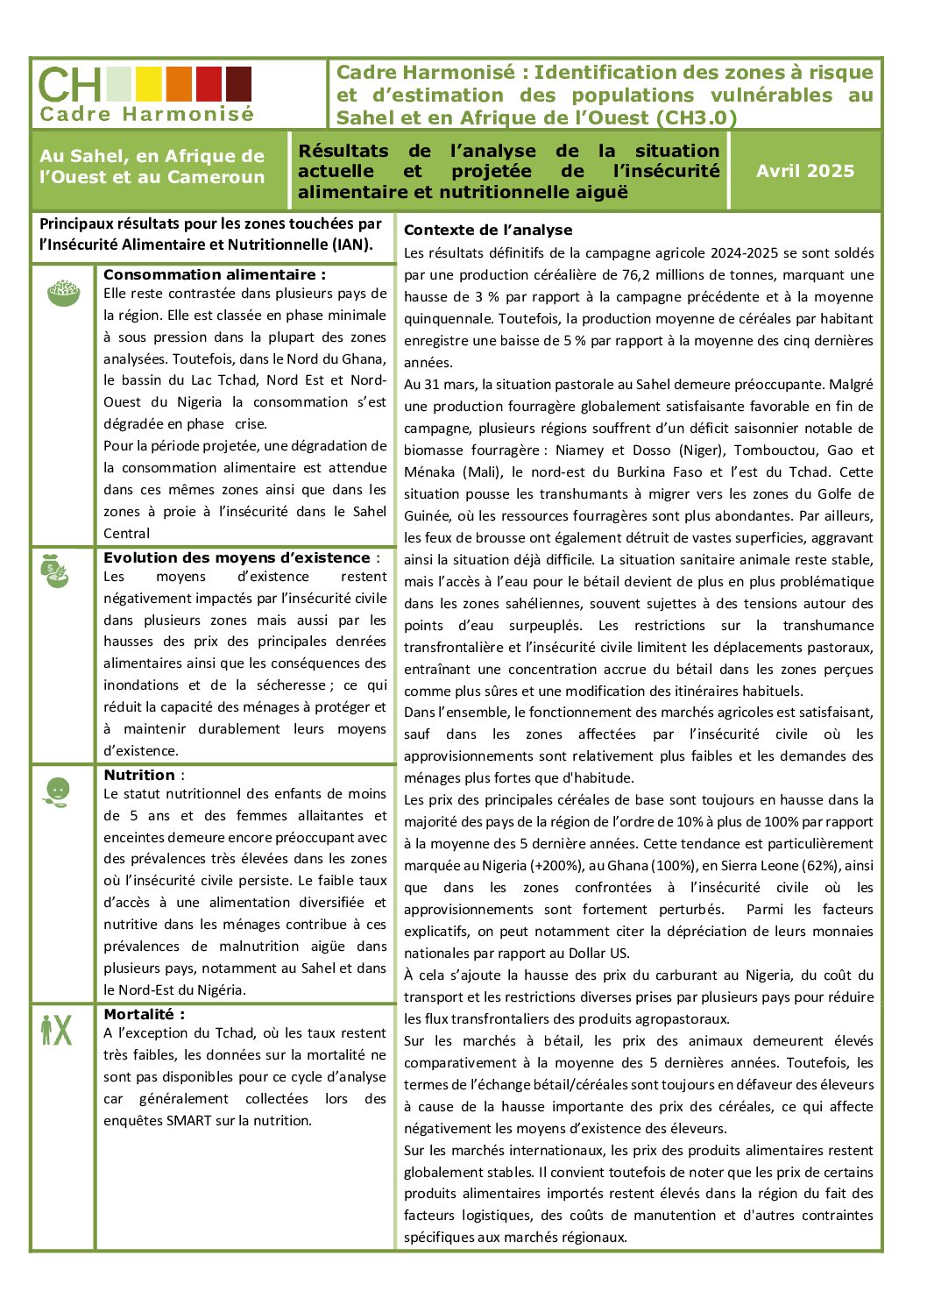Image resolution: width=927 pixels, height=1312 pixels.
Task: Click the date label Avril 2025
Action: tap(804, 171)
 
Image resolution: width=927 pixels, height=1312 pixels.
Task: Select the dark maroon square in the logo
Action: tap(238, 84)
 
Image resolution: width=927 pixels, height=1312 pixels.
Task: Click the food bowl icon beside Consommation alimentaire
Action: tap(63, 293)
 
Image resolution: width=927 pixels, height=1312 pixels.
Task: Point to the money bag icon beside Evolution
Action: tap(55, 571)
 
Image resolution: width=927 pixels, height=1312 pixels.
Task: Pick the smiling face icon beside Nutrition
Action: tap(57, 791)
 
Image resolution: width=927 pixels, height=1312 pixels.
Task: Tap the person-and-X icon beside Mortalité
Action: tap(56, 1029)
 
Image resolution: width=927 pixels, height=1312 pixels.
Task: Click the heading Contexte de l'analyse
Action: tap(488, 230)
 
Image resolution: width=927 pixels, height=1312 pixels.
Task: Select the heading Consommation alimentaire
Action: tap(214, 274)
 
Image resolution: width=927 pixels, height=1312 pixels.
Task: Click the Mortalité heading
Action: tap(144, 1014)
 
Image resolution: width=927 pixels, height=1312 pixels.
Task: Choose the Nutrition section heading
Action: tap(140, 775)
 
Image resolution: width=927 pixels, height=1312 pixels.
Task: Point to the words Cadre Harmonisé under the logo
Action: tap(146, 114)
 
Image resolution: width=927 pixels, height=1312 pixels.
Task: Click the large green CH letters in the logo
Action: tap(70, 85)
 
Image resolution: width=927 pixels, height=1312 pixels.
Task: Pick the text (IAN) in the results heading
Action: tap(352, 245)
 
